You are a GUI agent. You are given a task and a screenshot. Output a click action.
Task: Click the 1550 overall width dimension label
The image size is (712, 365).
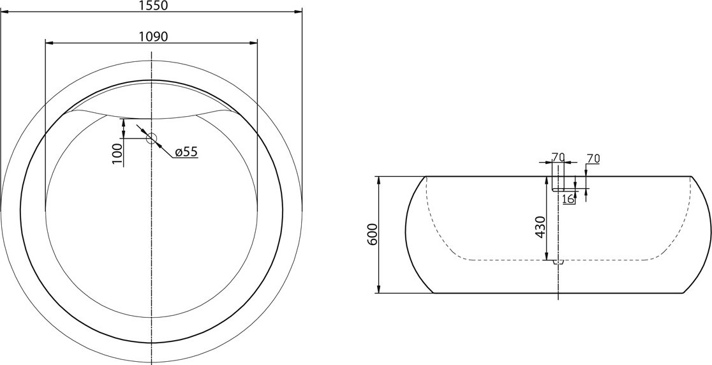[x=151, y=6]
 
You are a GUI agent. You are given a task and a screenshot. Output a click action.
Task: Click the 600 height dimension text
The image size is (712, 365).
[x=373, y=234]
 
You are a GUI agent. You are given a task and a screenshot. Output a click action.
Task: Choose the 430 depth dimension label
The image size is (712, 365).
[x=540, y=227]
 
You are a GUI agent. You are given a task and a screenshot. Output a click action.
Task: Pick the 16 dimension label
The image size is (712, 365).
[x=568, y=199]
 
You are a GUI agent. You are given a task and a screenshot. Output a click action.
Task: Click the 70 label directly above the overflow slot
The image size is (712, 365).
[x=558, y=158]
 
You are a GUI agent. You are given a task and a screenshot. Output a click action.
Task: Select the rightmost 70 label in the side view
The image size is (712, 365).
[x=593, y=158]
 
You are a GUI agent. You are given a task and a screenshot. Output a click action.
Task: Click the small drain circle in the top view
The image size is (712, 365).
[x=151, y=138]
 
